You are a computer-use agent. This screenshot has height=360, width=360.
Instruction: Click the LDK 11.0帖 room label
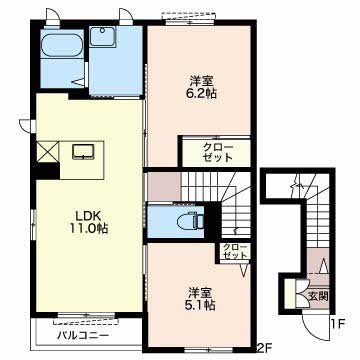[89, 222]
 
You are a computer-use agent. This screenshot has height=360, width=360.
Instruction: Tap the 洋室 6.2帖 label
[201, 87]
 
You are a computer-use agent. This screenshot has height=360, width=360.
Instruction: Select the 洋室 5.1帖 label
[200, 299]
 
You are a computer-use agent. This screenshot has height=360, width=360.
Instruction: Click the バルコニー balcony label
[83, 335]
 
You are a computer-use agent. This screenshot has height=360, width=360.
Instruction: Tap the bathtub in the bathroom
[62, 46]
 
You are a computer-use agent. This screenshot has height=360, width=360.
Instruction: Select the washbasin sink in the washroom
[102, 37]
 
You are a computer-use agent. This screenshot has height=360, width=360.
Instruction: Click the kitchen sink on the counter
[82, 152]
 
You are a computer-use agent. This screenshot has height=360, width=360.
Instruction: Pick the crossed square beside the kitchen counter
[48, 152]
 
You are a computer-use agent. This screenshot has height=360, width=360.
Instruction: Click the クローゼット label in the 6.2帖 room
[218, 152]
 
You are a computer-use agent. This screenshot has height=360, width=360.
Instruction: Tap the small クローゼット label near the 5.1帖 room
[235, 251]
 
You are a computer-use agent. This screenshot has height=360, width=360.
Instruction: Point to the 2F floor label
[265, 348]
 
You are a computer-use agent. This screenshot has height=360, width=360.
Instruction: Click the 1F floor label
[338, 323]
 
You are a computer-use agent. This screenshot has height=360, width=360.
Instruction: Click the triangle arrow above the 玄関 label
[323, 266]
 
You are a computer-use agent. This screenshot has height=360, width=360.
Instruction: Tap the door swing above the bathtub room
[52, 16]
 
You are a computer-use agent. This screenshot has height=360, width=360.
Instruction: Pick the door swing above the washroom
[126, 16]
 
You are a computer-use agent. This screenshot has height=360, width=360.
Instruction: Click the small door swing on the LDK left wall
[27, 125]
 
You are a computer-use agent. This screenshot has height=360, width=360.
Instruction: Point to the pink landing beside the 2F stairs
[164, 187]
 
